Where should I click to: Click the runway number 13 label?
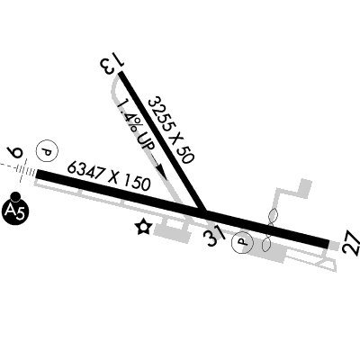click(x=112, y=66)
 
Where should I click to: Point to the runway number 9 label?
click(x=16, y=153)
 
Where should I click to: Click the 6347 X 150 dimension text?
click(x=109, y=176)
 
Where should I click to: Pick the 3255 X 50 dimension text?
click(x=172, y=130)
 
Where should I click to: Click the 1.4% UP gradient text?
click(x=136, y=125)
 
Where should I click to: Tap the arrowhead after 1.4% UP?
click(x=161, y=171)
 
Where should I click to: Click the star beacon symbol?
click(x=143, y=227)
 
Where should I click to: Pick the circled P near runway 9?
click(x=47, y=151)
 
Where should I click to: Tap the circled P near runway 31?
click(x=242, y=242)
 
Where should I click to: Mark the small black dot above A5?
click(x=15, y=197)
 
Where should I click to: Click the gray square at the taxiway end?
click(x=306, y=188)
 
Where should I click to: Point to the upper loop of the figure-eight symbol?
click(x=273, y=217)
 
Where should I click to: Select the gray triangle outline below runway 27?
click(x=326, y=265)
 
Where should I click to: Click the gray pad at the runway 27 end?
click(x=334, y=246)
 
